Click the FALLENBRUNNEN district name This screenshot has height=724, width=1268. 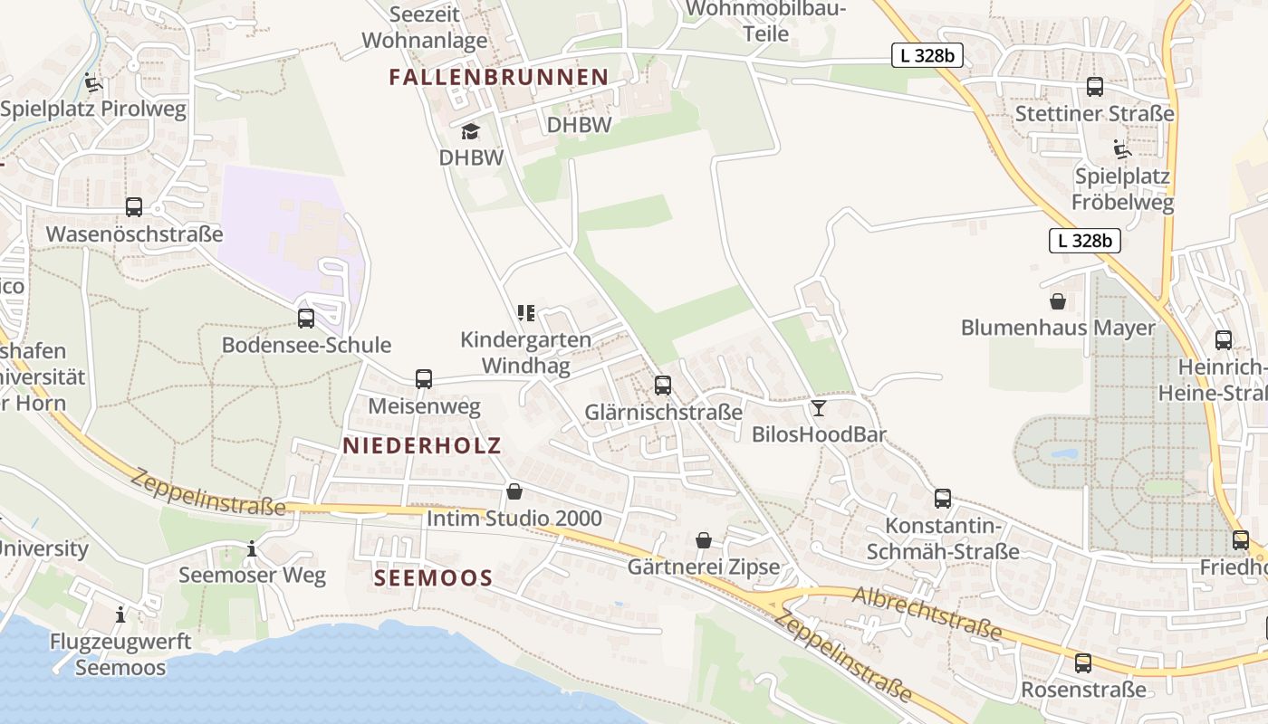pyautogui.click(x=498, y=78)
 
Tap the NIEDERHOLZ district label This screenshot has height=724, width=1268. pyautogui.click(x=421, y=445)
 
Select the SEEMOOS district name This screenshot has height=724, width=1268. pyautogui.click(x=434, y=578)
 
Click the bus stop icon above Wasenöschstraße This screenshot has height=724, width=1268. pyautogui.click(x=134, y=207)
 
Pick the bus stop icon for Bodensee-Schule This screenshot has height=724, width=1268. pyautogui.click(x=306, y=319)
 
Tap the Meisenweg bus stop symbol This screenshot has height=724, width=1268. pyautogui.click(x=424, y=379)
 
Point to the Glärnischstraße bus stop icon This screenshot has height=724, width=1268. pyautogui.click(x=663, y=386)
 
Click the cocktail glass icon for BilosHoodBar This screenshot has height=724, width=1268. pyautogui.click(x=819, y=408)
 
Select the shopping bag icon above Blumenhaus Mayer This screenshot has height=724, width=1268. pyautogui.click(x=1057, y=301)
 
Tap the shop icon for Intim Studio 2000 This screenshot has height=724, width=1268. pyautogui.click(x=514, y=491)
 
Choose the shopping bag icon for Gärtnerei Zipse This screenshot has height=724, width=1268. pyautogui.click(x=704, y=540)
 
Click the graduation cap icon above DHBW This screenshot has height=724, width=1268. pyautogui.click(x=470, y=132)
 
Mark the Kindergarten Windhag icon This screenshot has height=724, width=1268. pyautogui.click(x=525, y=313)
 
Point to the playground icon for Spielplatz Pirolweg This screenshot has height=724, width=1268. pyautogui.click(x=92, y=83)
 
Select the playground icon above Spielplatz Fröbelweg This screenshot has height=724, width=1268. pyautogui.click(x=1122, y=149)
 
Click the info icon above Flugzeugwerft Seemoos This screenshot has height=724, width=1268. pyautogui.click(x=120, y=615)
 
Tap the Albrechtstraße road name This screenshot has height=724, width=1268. pyautogui.click(x=927, y=612)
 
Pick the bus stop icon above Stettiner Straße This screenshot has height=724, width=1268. pyautogui.click(x=1095, y=87)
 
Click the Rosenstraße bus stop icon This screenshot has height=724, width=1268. pyautogui.click(x=1083, y=663)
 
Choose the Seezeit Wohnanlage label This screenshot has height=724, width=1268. pyautogui.click(x=424, y=27)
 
